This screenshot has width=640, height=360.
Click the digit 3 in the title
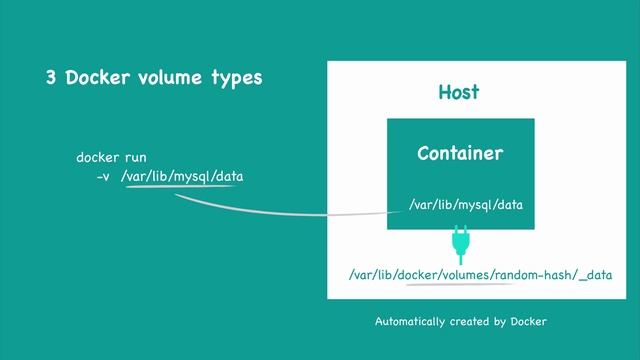pyautogui.click(x=50, y=78)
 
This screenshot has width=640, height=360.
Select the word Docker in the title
pyautogui.click(x=100, y=78)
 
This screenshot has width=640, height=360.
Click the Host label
pyautogui.click(x=459, y=92)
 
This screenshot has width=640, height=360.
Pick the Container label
pyautogui.click(x=460, y=154)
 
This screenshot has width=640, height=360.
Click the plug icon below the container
pyautogui.click(x=460, y=241)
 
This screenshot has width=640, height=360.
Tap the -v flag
pyautogui.click(x=102, y=176)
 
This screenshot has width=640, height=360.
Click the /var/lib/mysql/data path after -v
pyautogui.click(x=181, y=176)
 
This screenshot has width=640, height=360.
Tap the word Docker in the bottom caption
pyautogui.click(x=527, y=322)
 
